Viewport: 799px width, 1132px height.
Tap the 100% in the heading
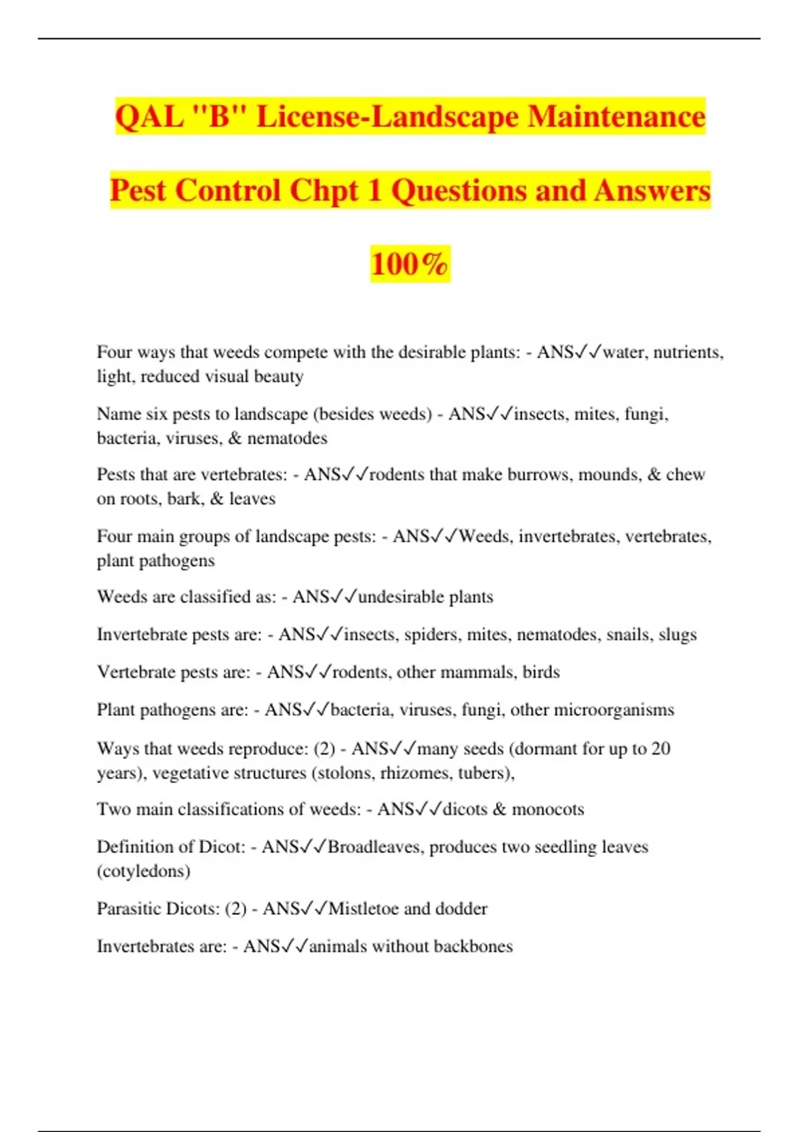pos(409,264)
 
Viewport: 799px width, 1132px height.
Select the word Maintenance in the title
pos(617,117)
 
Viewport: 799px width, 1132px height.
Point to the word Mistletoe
pos(364,909)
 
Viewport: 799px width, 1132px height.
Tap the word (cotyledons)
pos(143,871)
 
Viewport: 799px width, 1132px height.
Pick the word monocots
pos(547,809)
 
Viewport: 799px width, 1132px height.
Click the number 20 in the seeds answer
pos(661,749)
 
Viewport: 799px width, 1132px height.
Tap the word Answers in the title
pos(653,190)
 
